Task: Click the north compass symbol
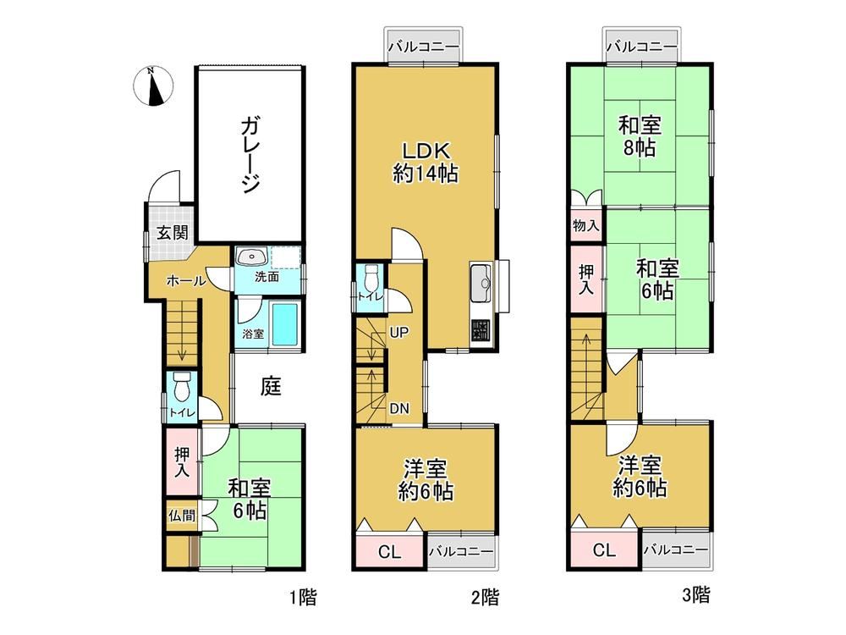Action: tap(153, 86)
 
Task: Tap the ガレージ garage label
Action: tap(250, 156)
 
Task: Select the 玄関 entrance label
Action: tap(172, 233)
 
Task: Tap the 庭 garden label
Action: tap(271, 386)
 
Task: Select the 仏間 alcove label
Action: tap(182, 515)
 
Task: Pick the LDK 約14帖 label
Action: tap(426, 162)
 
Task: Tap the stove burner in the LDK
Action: tap(481, 332)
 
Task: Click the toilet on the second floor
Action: tap(371, 279)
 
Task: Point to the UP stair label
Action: tap(398, 333)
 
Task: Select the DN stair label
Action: tap(399, 409)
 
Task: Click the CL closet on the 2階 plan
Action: tap(389, 551)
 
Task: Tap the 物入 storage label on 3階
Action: tap(586, 225)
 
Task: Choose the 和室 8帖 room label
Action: tap(640, 136)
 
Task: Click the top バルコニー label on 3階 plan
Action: tap(641, 47)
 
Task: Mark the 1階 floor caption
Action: tap(303, 598)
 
